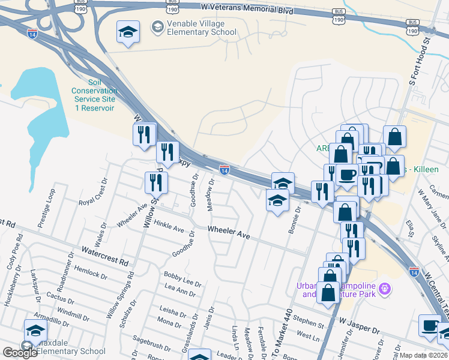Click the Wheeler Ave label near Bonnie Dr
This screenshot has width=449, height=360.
pyautogui.click(x=229, y=232)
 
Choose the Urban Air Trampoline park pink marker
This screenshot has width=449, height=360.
pyautogui.click(x=385, y=289)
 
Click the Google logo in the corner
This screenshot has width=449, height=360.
pyautogui.click(x=20, y=352)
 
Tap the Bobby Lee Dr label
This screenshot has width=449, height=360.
pyautogui.click(x=182, y=278)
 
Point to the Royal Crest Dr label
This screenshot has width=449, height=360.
pyautogui.click(x=93, y=191)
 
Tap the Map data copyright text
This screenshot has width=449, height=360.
pyautogui.click(x=424, y=355)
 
